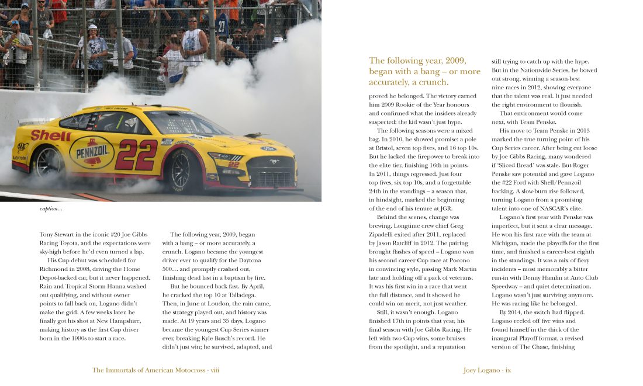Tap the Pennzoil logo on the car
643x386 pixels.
(x=92, y=152)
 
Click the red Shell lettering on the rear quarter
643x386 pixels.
(x=51, y=135)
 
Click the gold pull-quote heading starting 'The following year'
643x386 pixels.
(x=424, y=71)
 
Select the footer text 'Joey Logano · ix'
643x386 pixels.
(x=487, y=370)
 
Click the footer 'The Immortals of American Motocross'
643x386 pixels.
(x=149, y=370)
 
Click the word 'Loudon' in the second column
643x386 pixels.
(x=220, y=304)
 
